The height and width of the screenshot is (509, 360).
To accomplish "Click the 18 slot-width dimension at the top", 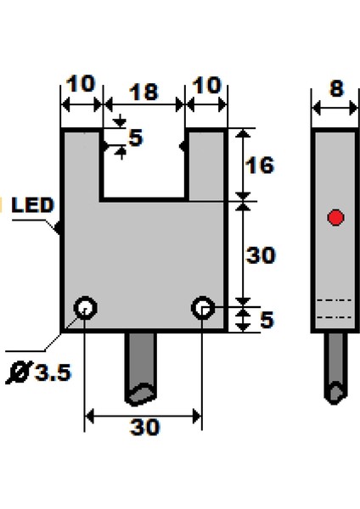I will click(x=143, y=91).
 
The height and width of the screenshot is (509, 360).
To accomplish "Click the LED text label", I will click(x=33, y=205).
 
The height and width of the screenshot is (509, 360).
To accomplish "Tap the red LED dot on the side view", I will click(x=335, y=218).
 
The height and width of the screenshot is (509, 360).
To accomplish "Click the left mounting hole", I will click(x=85, y=306).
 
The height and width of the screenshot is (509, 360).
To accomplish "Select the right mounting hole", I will click(x=202, y=306).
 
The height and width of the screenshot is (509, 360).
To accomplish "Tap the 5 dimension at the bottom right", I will click(x=265, y=321).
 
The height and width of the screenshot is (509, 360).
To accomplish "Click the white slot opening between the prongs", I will click(x=143, y=165).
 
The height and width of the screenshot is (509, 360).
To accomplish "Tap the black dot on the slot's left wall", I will click(x=103, y=146).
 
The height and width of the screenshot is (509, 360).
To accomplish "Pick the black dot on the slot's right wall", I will click(x=183, y=146).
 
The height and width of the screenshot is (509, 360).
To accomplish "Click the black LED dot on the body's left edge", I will click(x=59, y=227).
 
